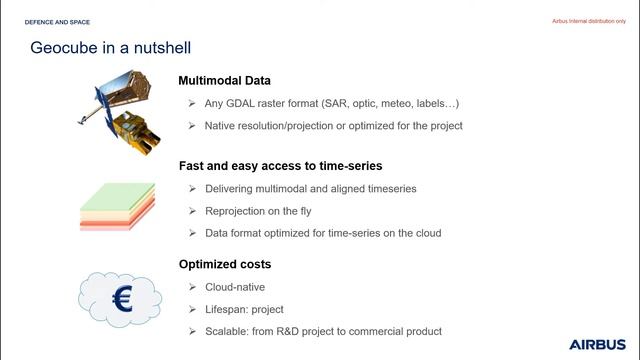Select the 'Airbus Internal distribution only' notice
click(x=591, y=21)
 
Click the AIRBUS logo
click(x=596, y=344)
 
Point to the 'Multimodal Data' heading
click(x=224, y=81)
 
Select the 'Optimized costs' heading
click(x=224, y=264)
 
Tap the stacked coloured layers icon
click(x=118, y=206)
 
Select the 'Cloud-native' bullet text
click(x=236, y=287)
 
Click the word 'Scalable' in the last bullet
click(x=227, y=331)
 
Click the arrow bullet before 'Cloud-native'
click(x=191, y=287)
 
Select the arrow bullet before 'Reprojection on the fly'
click(x=191, y=211)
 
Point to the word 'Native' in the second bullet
click(x=222, y=126)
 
